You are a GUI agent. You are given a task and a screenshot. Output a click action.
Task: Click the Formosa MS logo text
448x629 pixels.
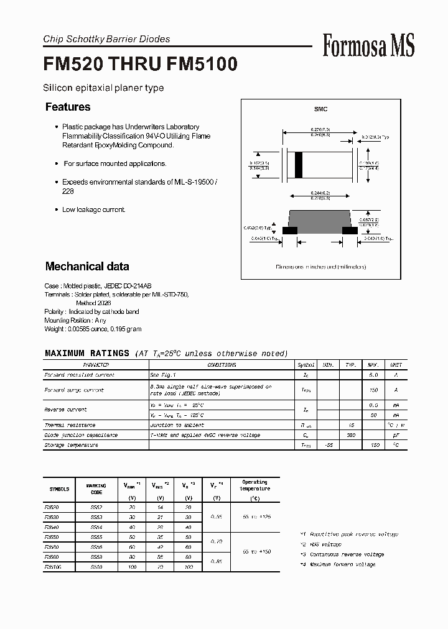(368, 45)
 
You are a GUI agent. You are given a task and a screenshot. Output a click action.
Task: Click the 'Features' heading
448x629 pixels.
(68, 107)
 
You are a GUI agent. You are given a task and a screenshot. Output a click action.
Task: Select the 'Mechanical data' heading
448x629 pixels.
(87, 266)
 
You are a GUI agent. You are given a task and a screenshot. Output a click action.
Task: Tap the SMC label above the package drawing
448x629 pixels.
(320, 109)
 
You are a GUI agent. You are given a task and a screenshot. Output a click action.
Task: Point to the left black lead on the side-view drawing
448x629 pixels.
(289, 230)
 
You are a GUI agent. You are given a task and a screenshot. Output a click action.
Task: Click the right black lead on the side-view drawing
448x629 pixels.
(350, 230)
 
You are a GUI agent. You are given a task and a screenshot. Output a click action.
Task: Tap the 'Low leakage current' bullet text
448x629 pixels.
(93, 209)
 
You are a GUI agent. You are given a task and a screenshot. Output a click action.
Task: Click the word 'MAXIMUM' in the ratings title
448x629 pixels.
(67, 353)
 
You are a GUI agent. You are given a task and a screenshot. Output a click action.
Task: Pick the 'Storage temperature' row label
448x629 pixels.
(71, 445)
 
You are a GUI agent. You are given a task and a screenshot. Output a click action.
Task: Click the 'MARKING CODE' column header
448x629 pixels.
(96, 489)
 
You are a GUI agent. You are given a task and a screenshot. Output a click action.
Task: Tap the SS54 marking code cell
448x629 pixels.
(96, 527)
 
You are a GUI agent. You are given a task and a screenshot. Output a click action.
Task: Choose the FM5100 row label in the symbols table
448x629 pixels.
(55, 567)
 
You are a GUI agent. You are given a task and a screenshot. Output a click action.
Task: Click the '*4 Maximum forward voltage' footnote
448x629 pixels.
(337, 564)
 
